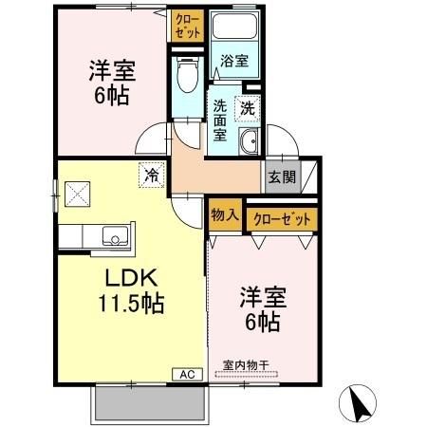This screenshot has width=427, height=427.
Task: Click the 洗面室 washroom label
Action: pos(220,121)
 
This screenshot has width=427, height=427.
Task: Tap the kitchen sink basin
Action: pos(112,233)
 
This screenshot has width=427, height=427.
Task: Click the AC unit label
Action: pos(187,374)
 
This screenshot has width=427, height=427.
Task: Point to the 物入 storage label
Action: pos(224,214)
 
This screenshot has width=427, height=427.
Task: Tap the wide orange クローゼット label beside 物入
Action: pos(282,218)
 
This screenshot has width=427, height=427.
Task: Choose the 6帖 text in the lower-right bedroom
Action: pos(262,323)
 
